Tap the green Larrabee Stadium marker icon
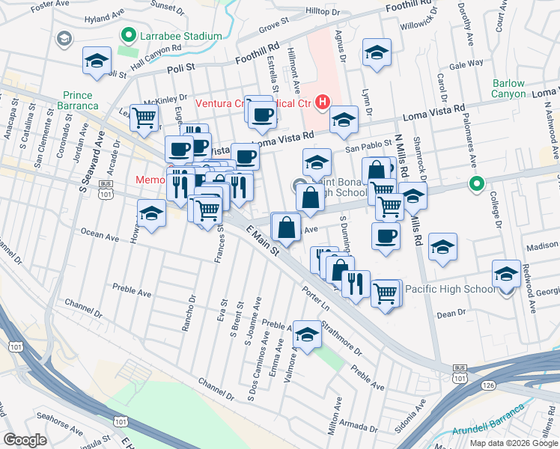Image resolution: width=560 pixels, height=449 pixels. (128, 35)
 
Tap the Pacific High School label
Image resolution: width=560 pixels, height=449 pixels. (449, 288)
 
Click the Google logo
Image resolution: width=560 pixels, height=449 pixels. (25, 439)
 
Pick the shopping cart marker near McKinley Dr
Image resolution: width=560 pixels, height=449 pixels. (144, 116)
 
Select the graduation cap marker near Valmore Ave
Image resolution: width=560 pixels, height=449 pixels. (307, 335)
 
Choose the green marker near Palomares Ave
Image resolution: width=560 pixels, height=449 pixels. (475, 183)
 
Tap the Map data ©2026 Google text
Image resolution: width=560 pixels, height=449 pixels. (514, 442)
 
